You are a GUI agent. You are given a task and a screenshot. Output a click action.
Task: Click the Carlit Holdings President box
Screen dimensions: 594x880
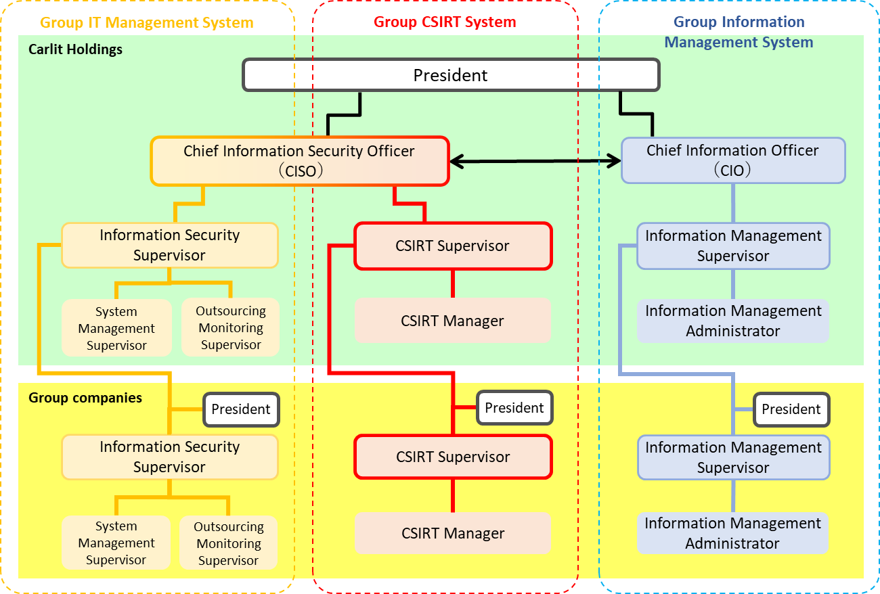click(451, 75)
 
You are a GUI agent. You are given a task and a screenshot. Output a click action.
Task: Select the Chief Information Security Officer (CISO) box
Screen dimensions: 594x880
click(299, 161)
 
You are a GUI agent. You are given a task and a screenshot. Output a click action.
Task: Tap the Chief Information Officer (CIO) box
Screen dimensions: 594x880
click(733, 160)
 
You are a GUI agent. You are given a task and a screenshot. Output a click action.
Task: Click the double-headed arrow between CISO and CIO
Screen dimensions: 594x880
click(535, 161)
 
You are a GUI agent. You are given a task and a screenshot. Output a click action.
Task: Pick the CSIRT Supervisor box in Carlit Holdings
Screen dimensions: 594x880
click(453, 246)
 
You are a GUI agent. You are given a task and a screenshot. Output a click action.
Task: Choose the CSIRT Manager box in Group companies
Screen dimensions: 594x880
click(453, 533)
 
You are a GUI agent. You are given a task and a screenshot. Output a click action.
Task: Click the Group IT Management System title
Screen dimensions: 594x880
click(146, 22)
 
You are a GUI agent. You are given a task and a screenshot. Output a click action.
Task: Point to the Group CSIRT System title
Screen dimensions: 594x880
click(445, 22)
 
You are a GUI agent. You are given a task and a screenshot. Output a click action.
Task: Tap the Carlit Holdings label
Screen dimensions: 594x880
click(75, 49)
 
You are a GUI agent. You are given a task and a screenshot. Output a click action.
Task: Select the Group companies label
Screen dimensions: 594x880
click(85, 398)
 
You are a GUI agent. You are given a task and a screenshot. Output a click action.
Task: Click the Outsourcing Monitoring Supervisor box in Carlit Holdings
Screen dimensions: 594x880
click(231, 327)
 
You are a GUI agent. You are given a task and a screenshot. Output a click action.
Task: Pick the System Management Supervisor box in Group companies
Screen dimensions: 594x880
click(116, 543)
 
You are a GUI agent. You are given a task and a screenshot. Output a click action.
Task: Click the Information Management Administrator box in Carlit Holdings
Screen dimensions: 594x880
click(733, 321)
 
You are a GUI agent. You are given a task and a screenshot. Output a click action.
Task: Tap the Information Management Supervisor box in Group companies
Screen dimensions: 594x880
click(733, 457)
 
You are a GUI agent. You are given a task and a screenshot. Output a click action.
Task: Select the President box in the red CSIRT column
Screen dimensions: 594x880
click(514, 408)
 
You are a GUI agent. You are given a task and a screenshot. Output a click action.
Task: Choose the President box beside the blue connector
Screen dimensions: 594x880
click(791, 409)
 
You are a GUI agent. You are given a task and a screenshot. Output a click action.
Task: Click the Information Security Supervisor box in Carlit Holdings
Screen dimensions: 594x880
click(169, 245)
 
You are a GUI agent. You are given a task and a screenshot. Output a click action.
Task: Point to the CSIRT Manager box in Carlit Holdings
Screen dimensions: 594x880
click(452, 321)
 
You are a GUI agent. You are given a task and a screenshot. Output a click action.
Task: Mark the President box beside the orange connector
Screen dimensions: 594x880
click(241, 409)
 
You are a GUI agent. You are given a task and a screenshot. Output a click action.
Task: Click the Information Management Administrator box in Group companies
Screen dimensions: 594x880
click(732, 533)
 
